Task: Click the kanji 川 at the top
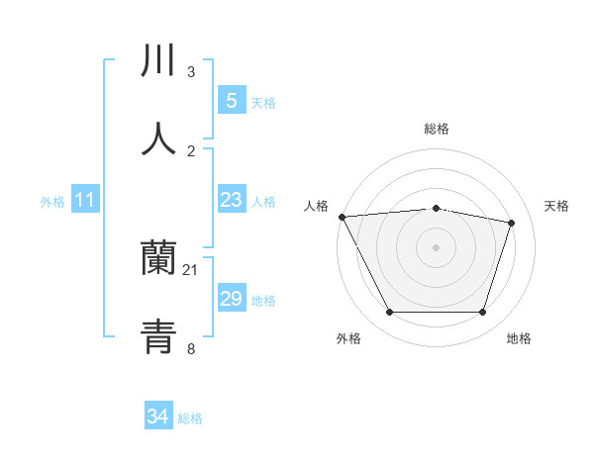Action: click(x=158, y=60)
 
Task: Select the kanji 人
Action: click(x=158, y=139)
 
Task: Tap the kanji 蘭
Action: click(x=158, y=258)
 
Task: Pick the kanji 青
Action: click(x=158, y=336)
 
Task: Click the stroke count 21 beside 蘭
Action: click(x=191, y=269)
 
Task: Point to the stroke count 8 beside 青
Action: click(x=191, y=347)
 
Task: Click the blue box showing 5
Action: click(x=231, y=100)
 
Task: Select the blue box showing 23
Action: click(x=231, y=200)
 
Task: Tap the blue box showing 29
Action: click(x=231, y=299)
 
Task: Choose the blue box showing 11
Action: click(x=84, y=200)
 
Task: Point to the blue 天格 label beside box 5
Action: click(x=263, y=102)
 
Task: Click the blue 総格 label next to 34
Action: click(x=190, y=418)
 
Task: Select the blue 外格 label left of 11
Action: click(x=52, y=202)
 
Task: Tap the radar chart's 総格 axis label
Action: click(x=437, y=129)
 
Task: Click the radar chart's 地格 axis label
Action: click(x=519, y=338)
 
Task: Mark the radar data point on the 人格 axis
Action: click(x=342, y=217)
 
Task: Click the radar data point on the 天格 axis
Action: click(x=512, y=223)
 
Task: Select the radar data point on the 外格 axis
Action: click(x=390, y=313)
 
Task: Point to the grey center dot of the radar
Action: click(x=437, y=247)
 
